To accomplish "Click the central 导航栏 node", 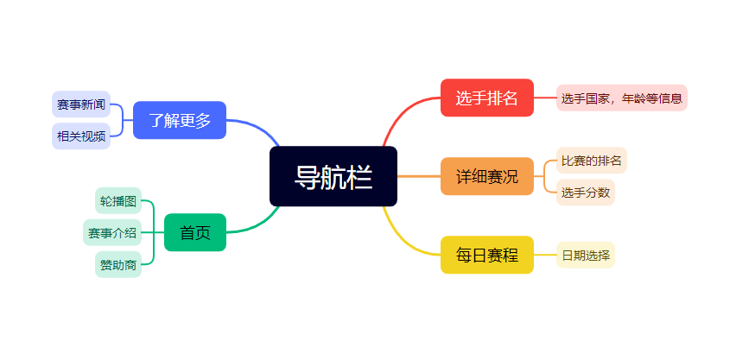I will click(333, 176).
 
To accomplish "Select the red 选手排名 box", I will click(486, 98).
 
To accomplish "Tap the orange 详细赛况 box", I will click(486, 176).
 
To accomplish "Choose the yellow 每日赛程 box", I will click(486, 255).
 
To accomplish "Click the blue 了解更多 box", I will click(180, 120).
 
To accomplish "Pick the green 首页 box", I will click(194, 232).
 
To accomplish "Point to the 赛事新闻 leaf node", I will click(81, 104).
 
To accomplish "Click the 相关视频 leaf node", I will click(81, 136).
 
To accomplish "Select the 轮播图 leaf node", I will click(118, 201).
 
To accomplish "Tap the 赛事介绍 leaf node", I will click(112, 232).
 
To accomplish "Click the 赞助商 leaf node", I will click(118, 264).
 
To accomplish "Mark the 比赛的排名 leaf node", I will click(592, 161).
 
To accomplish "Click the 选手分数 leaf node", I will click(586, 192).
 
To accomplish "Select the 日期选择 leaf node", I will click(586, 255).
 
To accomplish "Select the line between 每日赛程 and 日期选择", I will click(545, 255).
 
